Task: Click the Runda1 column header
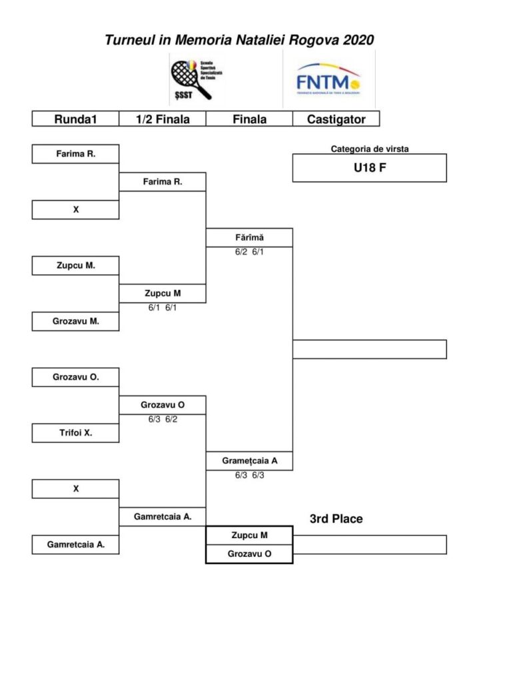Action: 75,119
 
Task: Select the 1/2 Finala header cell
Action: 163,119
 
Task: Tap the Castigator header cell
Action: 336,119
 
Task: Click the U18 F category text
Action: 370,168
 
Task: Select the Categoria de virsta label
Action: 370,149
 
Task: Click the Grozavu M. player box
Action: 75,321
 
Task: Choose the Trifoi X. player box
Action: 75,433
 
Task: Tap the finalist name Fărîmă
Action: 249,237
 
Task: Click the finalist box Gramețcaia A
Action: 249,461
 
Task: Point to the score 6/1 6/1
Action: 162,308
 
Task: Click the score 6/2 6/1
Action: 249,252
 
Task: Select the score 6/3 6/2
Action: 162,420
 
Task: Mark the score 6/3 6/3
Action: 249,476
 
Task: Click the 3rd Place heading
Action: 336,519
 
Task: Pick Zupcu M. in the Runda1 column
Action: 75,265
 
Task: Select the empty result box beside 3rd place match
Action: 370,545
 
